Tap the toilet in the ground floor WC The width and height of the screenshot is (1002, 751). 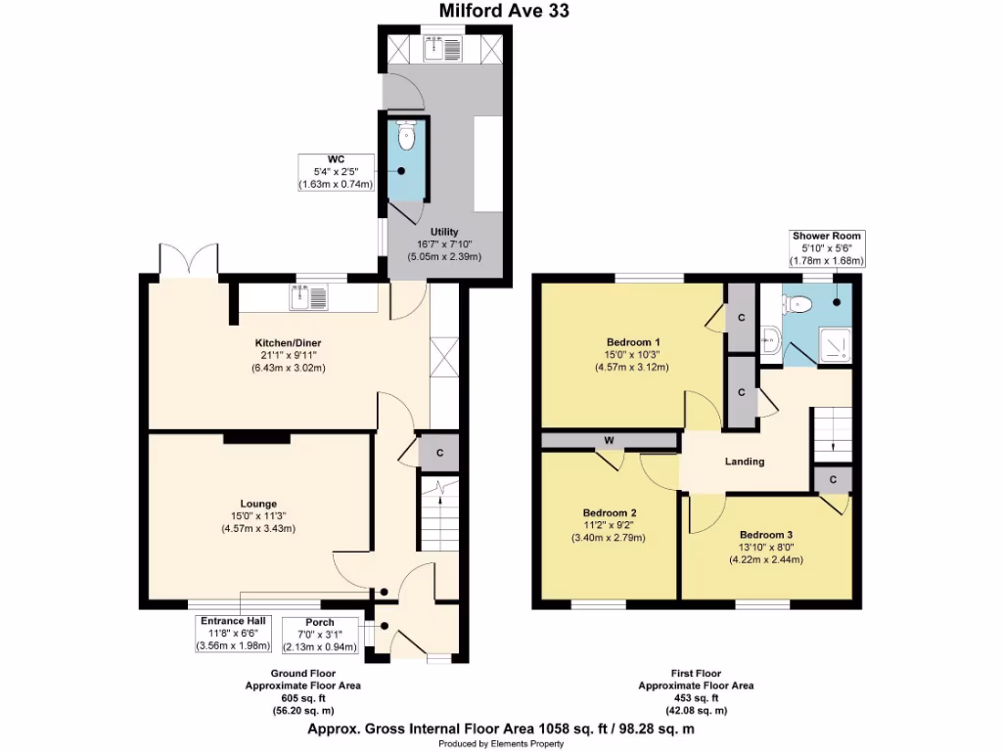coord(406,137)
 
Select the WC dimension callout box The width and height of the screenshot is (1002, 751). coord(336,171)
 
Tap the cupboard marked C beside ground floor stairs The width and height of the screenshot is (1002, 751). coord(439,453)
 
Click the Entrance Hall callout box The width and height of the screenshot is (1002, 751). coord(234,634)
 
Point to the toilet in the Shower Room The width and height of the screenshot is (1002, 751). coord(801,303)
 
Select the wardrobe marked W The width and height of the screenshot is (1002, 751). coord(609,441)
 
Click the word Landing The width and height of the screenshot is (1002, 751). coord(745,462)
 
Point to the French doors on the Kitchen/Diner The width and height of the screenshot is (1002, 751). coord(189,261)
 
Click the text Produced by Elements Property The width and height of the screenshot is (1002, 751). coord(502,743)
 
